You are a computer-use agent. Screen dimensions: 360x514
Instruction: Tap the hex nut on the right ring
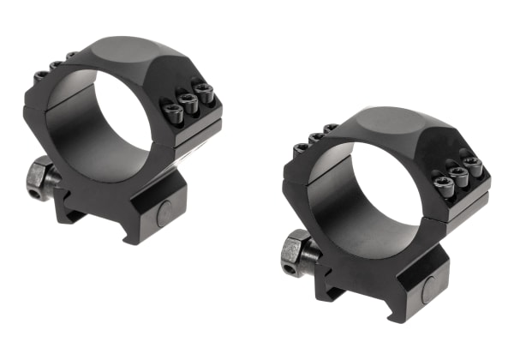tap(296, 249)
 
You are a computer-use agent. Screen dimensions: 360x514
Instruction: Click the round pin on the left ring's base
tap(163, 213)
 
